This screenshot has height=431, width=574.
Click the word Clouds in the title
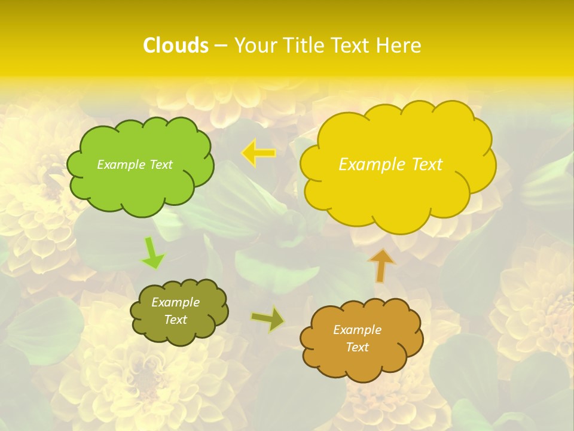pyautogui.click(x=175, y=45)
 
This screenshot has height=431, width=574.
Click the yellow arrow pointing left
pyautogui.click(x=259, y=153)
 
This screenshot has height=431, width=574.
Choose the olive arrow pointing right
pyautogui.click(x=268, y=319)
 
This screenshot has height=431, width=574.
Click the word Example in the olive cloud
pyautogui.click(x=175, y=302)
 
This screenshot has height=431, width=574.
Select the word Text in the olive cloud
pyautogui.click(x=175, y=320)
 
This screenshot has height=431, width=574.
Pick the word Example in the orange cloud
pyautogui.click(x=357, y=330)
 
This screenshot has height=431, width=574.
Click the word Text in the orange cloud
pyautogui.click(x=357, y=347)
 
